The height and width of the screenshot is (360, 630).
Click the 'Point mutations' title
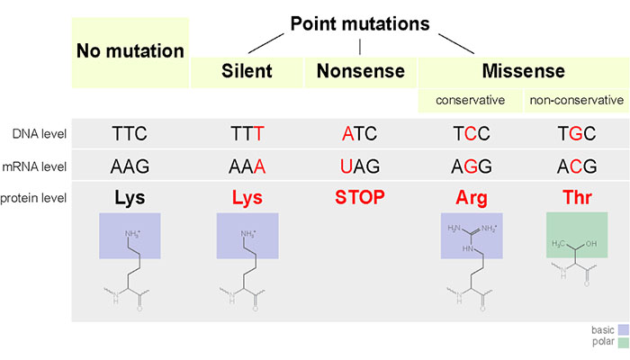[360, 23]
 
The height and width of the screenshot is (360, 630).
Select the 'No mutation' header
[130, 51]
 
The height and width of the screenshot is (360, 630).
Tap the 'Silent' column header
[247, 71]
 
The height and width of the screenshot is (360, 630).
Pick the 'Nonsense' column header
[360, 71]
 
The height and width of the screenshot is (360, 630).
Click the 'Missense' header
[524, 71]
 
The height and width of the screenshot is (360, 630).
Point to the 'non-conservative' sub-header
[577, 100]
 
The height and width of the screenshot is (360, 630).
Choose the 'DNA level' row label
[40, 134]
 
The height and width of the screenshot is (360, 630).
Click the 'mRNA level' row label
[34, 166]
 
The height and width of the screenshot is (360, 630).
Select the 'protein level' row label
[33, 198]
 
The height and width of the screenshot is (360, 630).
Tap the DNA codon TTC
[130, 134]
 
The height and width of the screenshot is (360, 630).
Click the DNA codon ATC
[360, 134]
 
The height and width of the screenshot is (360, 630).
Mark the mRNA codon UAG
[360, 166]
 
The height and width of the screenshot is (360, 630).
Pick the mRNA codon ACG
[577, 166]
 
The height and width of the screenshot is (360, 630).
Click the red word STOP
[360, 197]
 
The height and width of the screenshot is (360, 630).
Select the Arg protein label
[472, 198]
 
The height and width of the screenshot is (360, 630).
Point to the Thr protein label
[577, 197]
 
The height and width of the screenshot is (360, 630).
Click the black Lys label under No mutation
[130, 198]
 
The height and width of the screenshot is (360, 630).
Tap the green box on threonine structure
[577, 235]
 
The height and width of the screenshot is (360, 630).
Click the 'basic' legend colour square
[624, 330]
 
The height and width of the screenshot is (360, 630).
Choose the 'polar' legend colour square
[624, 342]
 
